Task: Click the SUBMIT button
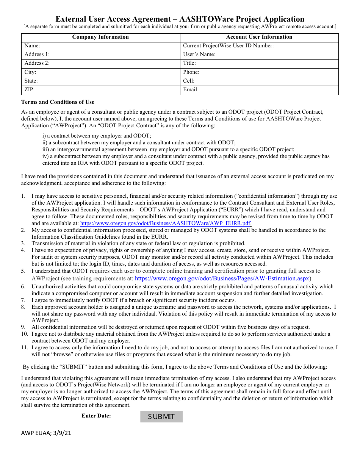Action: point(161,416)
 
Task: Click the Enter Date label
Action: point(96,416)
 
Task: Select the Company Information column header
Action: point(100,37)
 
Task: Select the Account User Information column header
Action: point(259,37)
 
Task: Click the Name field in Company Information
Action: point(110,46)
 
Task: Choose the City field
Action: point(110,72)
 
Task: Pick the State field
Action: point(110,81)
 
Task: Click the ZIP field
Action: point(110,90)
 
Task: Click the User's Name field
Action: point(277,55)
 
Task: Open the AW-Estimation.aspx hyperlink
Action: point(222,278)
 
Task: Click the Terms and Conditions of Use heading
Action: point(58,102)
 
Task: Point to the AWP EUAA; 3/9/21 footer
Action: point(46,433)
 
